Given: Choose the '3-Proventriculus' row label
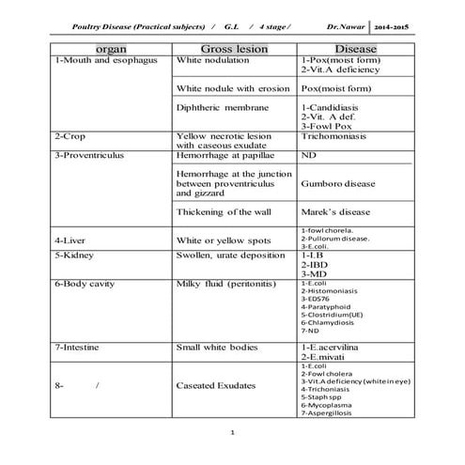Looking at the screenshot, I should (x=91, y=153).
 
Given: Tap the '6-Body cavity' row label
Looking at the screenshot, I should (x=87, y=283).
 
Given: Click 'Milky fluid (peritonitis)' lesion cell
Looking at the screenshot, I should (x=228, y=283).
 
